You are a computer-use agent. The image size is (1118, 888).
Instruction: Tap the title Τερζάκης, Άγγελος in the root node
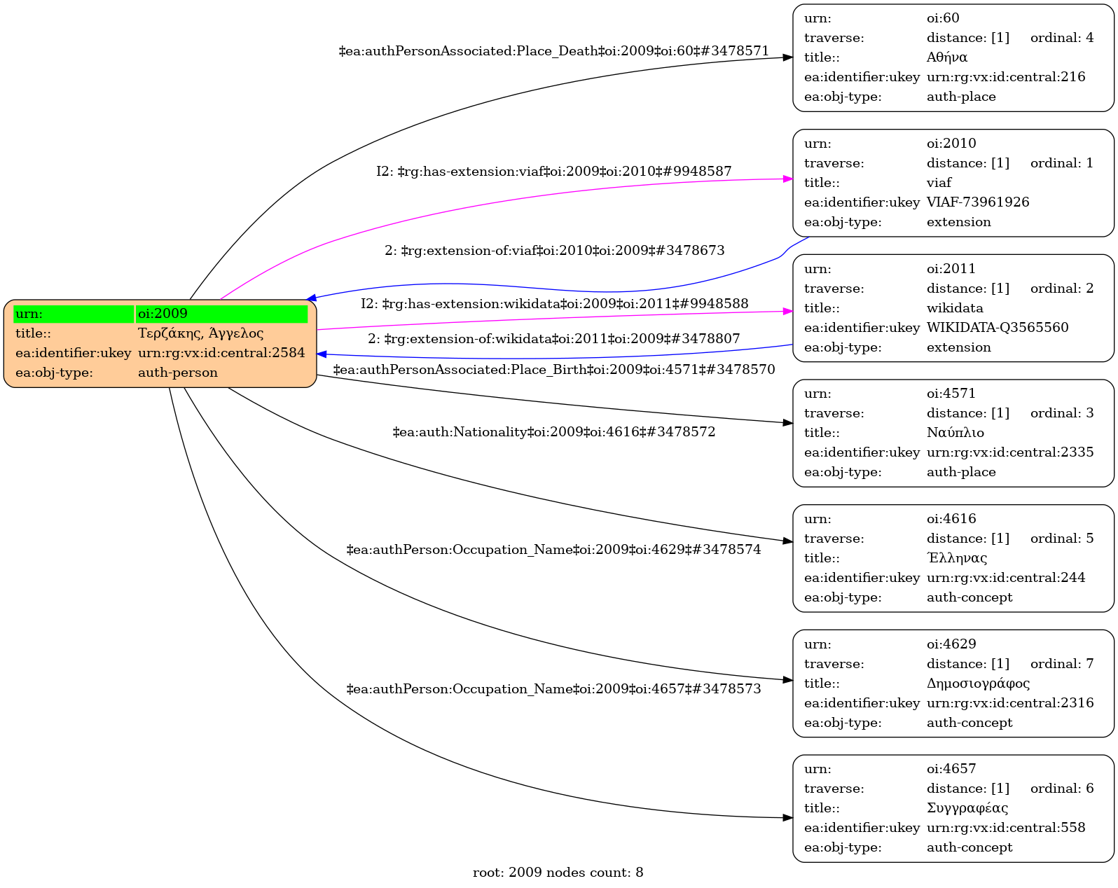[200, 333]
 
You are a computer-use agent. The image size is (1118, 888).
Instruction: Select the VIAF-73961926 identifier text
[978, 202]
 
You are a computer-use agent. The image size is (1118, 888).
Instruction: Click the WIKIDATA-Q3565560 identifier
[998, 328]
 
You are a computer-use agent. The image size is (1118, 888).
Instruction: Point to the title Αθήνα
[947, 57]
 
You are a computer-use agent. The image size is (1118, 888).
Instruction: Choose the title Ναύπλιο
[955, 433]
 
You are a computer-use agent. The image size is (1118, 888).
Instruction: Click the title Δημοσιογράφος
[978, 684]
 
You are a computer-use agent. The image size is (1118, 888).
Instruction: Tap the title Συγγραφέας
[967, 808]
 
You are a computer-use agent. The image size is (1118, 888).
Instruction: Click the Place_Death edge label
[553, 51]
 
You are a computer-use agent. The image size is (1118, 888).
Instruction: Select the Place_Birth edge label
[553, 369]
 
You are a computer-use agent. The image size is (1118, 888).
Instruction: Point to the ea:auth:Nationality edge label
[553, 432]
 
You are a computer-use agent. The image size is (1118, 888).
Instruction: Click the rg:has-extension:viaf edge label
[553, 172]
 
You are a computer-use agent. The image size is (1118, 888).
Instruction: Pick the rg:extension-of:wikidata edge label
[553, 339]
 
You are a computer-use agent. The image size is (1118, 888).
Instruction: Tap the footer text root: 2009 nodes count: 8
[558, 873]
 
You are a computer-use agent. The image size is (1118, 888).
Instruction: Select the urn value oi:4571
[951, 394]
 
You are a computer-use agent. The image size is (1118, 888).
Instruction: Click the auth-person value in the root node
[178, 373]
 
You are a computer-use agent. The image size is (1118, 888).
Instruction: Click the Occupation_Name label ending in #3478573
[553, 689]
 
